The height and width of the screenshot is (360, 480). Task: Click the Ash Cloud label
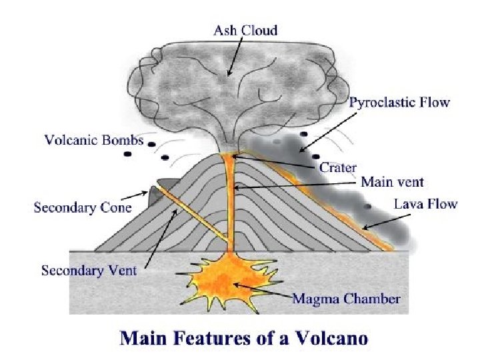point(245,30)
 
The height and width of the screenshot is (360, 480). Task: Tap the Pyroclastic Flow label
point(399,103)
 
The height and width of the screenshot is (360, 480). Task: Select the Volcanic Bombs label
point(94,140)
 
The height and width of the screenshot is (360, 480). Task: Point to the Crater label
point(338,167)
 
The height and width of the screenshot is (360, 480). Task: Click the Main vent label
point(392,181)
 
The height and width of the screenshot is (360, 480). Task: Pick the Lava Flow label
point(425,203)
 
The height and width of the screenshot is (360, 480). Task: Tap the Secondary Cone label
point(83,207)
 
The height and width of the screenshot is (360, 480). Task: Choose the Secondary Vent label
point(89,270)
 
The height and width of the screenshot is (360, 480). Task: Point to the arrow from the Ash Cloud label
point(235,57)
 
